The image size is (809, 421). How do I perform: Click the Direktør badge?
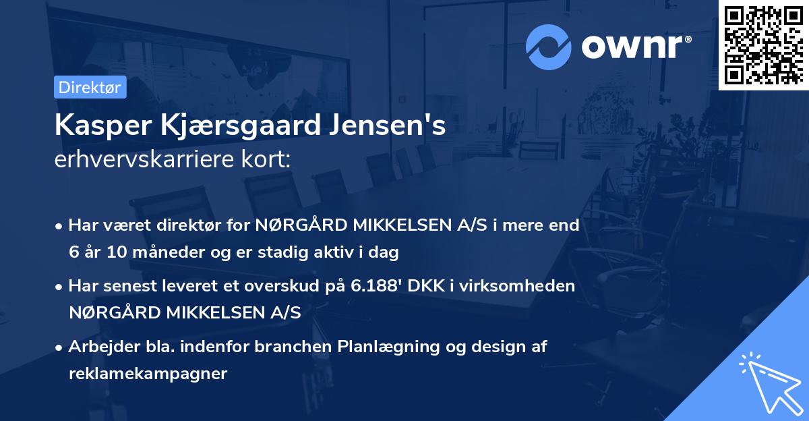point(90,87)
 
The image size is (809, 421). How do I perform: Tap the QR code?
point(763,45)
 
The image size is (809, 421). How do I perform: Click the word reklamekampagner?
point(148,374)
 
